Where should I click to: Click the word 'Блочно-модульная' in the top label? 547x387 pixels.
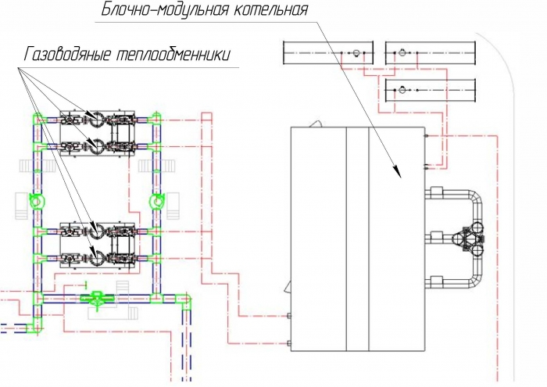pyautogui.click(x=165, y=9)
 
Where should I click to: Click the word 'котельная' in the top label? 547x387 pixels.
pyautogui.click(x=270, y=9)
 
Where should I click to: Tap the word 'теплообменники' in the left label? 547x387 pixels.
pyautogui.click(x=173, y=56)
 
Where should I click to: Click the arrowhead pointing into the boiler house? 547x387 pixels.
pyautogui.click(x=397, y=172)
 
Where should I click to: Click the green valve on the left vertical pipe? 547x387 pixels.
pyautogui.click(x=36, y=202)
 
